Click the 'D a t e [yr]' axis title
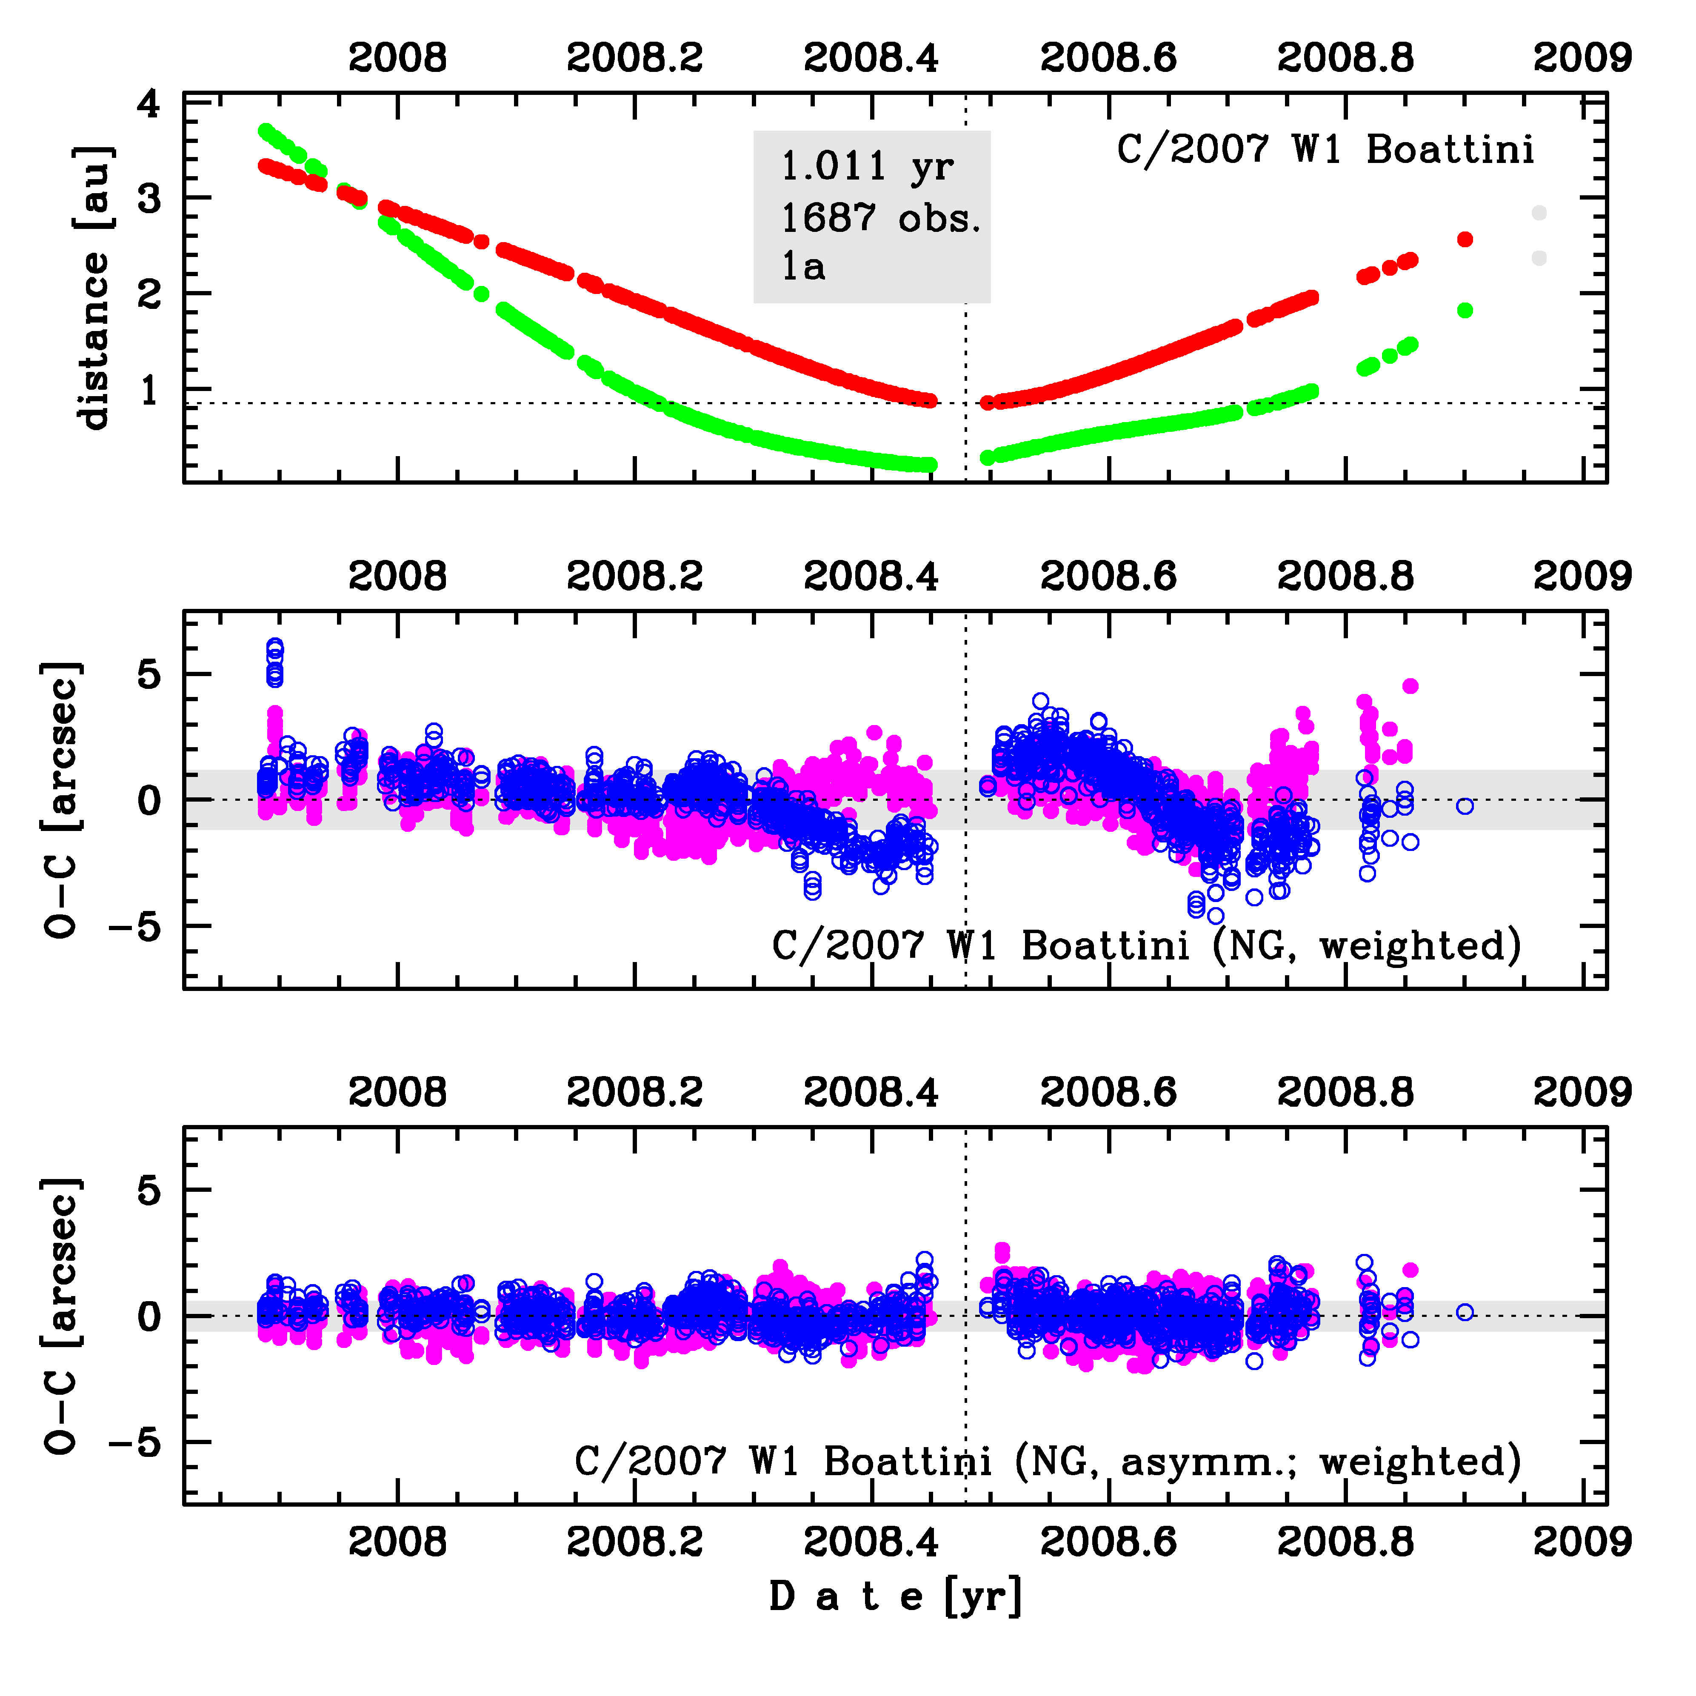coord(895,1596)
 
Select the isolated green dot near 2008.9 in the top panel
coord(1464,310)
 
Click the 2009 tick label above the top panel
coord(1582,58)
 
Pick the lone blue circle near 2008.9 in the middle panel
coord(1464,806)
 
